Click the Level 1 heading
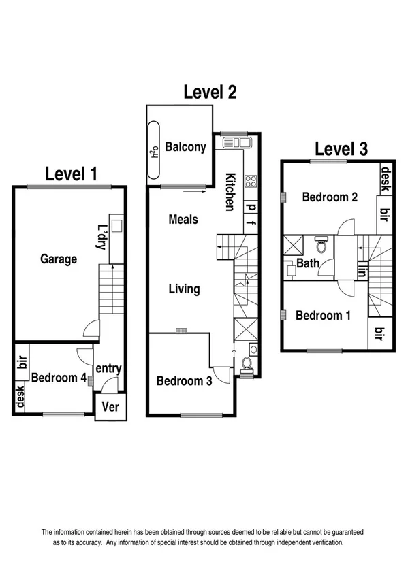click(71, 174)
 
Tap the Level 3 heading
click(341, 149)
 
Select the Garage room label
click(58, 259)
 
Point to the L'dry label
click(101, 236)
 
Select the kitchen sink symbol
click(236, 143)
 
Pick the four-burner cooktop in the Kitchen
click(250, 182)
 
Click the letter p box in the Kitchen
click(251, 207)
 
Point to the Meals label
click(183, 219)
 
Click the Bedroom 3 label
click(183, 381)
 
